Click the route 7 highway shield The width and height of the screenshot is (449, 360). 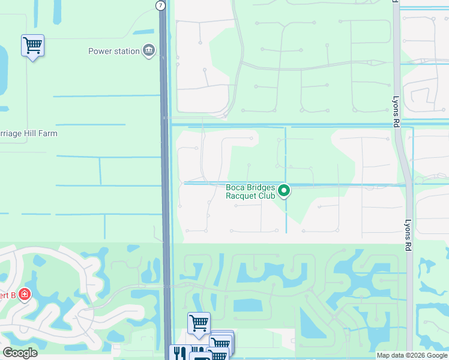coord(160,5)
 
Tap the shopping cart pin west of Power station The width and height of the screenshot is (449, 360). coord(32,45)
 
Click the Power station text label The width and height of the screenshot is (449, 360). coord(113,51)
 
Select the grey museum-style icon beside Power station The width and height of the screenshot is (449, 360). coord(148,51)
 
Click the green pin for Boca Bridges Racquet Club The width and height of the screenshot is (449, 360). coord(285,191)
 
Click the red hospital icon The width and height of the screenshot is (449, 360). coord(24,295)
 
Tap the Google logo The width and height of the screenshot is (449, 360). coord(20,353)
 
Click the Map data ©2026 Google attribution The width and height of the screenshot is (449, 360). coord(411,355)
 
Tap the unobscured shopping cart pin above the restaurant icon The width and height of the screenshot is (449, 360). coord(199,323)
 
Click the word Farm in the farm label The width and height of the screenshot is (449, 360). coord(47,133)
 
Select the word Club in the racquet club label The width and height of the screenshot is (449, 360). coord(267,196)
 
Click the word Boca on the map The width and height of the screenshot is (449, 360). coord(235,187)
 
